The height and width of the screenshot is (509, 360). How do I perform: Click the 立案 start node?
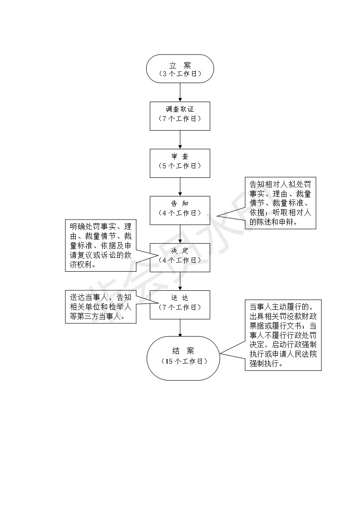tap(180, 69)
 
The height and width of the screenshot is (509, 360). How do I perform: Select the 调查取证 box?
tap(180, 116)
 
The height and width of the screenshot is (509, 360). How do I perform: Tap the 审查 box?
tap(180, 163)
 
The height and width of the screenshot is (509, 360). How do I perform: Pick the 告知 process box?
tap(180, 210)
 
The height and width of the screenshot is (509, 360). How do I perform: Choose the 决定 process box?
tap(180, 257)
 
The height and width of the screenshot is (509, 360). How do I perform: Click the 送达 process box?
tap(180, 304)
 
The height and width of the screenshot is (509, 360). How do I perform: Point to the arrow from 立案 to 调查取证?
tap(180, 92)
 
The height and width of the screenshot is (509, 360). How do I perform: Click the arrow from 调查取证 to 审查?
tap(180, 139)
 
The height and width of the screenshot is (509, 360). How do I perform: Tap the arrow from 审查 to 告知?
tap(180, 186)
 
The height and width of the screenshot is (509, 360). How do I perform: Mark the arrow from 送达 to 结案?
tap(180, 328)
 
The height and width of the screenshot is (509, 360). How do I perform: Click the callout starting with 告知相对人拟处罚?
tap(280, 203)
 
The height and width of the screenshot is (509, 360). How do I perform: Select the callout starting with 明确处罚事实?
tap(101, 245)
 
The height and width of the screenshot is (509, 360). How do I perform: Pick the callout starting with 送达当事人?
tap(101, 307)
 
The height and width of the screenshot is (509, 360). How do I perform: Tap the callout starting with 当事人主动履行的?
tap(283, 335)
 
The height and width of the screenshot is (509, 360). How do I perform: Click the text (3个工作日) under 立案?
tap(180, 73)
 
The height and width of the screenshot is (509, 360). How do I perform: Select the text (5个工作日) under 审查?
tap(180, 166)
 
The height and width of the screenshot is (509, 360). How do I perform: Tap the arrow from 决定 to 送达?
tap(180, 281)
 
